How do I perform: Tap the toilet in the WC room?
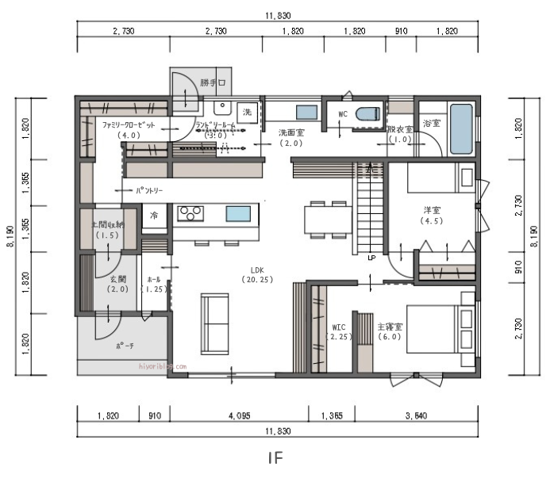click(367, 114)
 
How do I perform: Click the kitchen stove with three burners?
click(190, 212)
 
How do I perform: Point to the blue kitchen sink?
click(237, 213)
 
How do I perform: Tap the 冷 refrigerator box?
click(153, 216)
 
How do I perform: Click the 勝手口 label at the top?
click(214, 82)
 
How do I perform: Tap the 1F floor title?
click(275, 457)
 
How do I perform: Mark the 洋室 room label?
click(432, 210)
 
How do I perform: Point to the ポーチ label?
click(125, 346)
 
